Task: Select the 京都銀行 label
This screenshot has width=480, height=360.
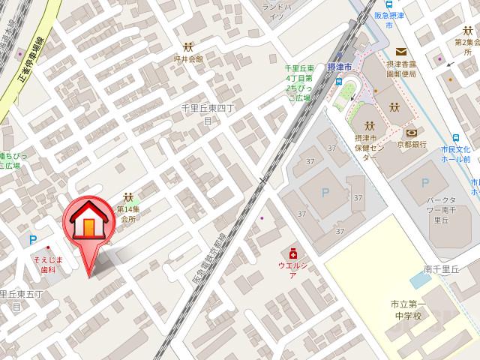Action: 412,144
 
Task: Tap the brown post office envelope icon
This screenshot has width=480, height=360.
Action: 401,52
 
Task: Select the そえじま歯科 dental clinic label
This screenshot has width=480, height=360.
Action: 47,265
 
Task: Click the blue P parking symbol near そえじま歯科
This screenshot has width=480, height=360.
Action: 31,241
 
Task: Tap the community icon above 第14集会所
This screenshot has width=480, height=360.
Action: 128,197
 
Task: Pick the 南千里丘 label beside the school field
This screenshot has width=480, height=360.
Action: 440,268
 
